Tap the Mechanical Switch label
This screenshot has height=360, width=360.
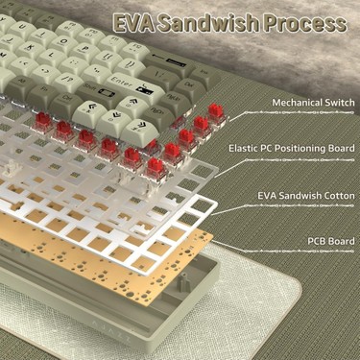[x=313, y=103]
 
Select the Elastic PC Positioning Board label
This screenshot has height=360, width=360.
[x=292, y=149]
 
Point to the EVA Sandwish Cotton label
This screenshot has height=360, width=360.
[x=306, y=196]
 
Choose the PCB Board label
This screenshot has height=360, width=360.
[x=331, y=241]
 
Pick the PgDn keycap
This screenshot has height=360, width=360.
[x=156, y=115]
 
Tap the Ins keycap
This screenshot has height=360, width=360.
[x=204, y=74]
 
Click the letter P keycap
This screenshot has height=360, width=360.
[x=85, y=51]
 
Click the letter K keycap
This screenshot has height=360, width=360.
[x=31, y=49]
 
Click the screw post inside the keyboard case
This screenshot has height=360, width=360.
[x=183, y=281]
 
